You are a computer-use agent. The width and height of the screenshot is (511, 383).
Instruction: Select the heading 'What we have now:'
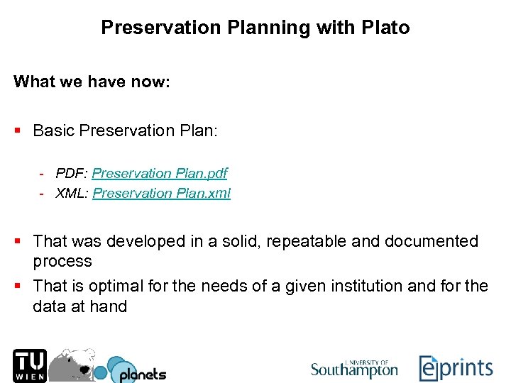click(x=92, y=82)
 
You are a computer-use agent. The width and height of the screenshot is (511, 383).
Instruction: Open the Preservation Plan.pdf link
click(x=160, y=173)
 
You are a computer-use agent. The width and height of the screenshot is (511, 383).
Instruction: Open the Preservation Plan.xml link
click(x=162, y=193)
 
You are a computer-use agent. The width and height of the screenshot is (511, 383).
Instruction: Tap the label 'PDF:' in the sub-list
click(x=72, y=173)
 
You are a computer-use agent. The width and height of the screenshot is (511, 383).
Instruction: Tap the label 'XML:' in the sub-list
click(x=72, y=193)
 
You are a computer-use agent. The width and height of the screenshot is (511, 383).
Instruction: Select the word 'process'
click(x=62, y=261)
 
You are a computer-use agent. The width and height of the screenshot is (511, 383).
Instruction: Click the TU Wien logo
click(x=29, y=365)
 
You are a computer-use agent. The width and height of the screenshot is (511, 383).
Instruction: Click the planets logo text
click(x=142, y=374)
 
